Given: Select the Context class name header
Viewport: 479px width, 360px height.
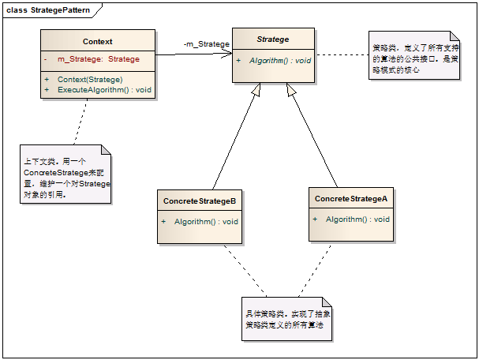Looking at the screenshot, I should [x=97, y=41].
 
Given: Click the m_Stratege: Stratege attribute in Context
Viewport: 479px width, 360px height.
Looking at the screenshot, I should [x=98, y=59].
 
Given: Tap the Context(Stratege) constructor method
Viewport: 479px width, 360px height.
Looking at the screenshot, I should [x=89, y=79].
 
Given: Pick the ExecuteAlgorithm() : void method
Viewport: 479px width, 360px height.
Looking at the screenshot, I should [x=104, y=90].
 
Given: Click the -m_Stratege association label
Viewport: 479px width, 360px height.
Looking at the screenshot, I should [x=206, y=44].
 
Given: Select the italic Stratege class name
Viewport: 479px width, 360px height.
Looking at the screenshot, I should [x=273, y=39].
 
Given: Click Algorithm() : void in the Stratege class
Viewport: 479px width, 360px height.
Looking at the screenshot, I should [x=279, y=60].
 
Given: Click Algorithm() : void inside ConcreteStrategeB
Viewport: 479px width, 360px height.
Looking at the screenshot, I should [x=206, y=222].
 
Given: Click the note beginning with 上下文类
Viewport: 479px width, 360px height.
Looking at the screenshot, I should [x=66, y=177].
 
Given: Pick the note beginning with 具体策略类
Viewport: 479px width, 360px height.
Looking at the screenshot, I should [x=286, y=319].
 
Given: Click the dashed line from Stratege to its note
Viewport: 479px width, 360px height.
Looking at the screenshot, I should [x=341, y=55].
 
